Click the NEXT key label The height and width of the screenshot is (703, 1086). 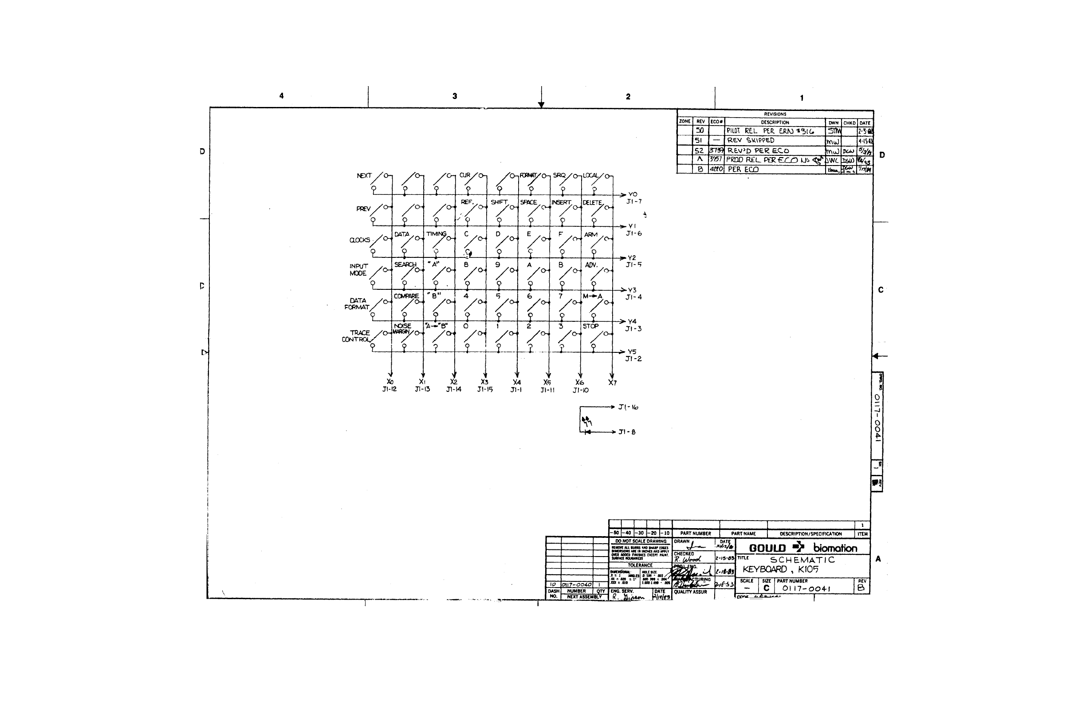[x=364, y=176]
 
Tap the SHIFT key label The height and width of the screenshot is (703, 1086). [x=499, y=202]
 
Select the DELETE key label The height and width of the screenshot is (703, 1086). [x=592, y=203]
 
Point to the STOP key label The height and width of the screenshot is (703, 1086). [x=590, y=326]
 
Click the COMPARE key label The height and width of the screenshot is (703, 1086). [x=406, y=296]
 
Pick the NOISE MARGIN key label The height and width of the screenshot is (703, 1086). [x=401, y=329]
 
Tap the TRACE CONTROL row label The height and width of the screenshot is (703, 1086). [x=356, y=336]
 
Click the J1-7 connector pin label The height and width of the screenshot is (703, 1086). [x=634, y=201]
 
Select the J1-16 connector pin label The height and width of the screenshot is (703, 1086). [x=628, y=407]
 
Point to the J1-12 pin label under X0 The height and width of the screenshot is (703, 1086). [x=389, y=389]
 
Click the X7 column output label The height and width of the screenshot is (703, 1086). [x=612, y=383]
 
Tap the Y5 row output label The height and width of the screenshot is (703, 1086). [x=632, y=351]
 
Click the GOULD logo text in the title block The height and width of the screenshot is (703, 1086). [x=767, y=548]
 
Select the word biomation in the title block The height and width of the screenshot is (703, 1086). [x=835, y=548]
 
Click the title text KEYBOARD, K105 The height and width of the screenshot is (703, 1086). [x=780, y=569]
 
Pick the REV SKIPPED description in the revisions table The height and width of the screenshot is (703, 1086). [x=751, y=141]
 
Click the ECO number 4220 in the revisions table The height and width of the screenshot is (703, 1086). [x=716, y=170]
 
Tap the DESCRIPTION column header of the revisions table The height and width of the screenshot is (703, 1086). [x=775, y=122]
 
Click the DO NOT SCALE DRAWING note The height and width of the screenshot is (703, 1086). [x=640, y=541]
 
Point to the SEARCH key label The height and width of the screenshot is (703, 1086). [x=405, y=265]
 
